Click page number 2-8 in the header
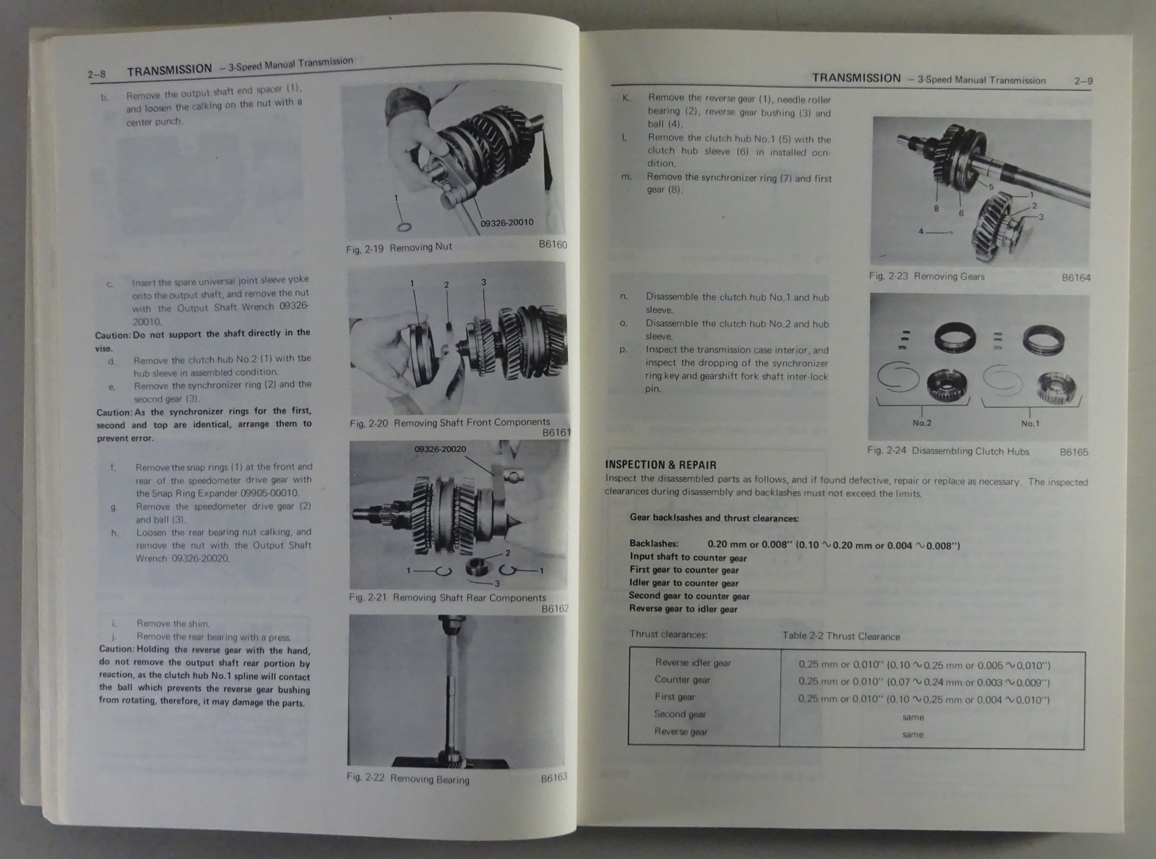96,74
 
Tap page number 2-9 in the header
1084,81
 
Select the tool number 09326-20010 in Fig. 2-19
506,222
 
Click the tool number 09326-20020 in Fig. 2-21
441,449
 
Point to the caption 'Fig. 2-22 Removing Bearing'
408,778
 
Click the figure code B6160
553,244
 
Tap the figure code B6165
1074,452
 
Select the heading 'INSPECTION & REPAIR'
661,465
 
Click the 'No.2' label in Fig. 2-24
922,423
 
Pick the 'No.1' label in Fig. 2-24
1030,424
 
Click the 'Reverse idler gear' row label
693,663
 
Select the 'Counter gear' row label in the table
682,680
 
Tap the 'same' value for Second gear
913,717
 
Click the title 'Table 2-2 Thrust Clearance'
841,636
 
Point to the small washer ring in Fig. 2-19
405,227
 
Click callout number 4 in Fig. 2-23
921,231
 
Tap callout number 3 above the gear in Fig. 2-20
483,282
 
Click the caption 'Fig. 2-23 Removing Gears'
927,276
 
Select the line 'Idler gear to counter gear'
683,583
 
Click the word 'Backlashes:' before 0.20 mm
654,544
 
